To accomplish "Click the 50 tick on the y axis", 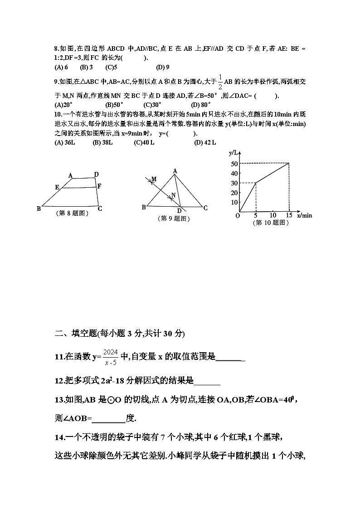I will click(234, 164).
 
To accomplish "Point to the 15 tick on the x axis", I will click(289, 215).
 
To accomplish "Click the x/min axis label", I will click(305, 215).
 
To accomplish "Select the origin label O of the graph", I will click(237, 216).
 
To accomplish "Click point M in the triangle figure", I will click(154, 179).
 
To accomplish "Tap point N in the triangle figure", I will click(173, 196).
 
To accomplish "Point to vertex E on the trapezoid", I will click(57, 187).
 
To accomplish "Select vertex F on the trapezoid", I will click(99, 186).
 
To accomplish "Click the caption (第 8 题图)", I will click(72, 213).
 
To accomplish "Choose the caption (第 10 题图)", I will click(271, 223).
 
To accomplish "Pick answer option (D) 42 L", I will click(205, 142).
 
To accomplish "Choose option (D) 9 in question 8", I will click(162, 68).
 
